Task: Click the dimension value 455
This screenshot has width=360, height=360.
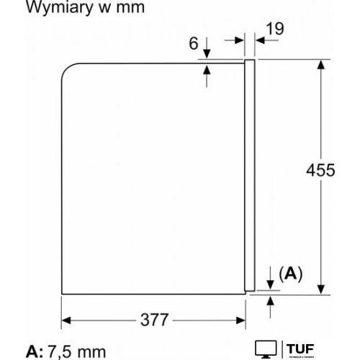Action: pos(320,170)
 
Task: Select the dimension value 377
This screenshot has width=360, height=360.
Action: pos(154,320)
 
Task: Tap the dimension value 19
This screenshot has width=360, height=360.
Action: pos(275,29)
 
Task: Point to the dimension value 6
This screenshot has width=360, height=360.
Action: pos(194,43)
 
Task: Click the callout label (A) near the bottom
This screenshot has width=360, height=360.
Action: pos(291,274)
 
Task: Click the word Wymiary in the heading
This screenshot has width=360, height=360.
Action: pos(59,7)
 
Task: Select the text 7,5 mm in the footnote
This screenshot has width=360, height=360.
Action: pos(77,352)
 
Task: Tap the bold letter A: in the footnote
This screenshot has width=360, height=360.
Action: pos(35,351)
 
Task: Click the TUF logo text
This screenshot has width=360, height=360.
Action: pos(300,349)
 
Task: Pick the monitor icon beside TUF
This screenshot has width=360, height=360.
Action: pos(266,349)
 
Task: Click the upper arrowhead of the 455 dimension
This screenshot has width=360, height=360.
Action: pos(321,65)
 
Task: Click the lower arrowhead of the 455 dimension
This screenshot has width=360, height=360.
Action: pos(321,289)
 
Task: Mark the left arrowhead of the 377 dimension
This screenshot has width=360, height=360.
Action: pos(66,320)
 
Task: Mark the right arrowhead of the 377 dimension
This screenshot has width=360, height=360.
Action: pos(240,320)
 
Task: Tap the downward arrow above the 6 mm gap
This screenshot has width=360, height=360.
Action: pos(207,48)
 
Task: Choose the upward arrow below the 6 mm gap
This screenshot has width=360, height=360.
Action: pos(207,76)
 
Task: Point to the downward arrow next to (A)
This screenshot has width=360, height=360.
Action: pos(271,278)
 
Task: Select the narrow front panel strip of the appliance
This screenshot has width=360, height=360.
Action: pos(250,175)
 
